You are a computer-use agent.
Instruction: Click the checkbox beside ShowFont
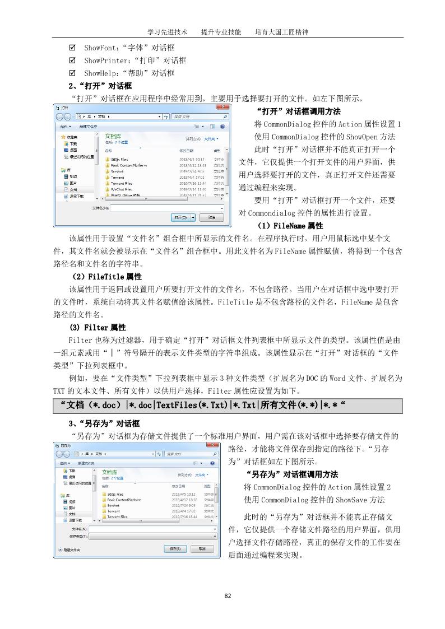[72, 48]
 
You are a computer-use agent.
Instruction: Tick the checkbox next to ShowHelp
[72, 73]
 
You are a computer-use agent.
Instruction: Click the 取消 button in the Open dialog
[211, 217]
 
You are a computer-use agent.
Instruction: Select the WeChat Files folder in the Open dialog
[121, 189]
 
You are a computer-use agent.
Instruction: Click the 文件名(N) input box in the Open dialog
[166, 208]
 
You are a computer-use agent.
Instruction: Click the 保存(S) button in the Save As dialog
[175, 549]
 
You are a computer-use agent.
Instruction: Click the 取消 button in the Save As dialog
[202, 549]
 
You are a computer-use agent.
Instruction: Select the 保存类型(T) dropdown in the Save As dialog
[152, 536]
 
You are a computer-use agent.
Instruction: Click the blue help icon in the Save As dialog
[212, 463]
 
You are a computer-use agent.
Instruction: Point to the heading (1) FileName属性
[290, 226]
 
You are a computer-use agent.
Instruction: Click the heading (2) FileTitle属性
[106, 277]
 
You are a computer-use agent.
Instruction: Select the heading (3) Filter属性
[98, 327]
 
